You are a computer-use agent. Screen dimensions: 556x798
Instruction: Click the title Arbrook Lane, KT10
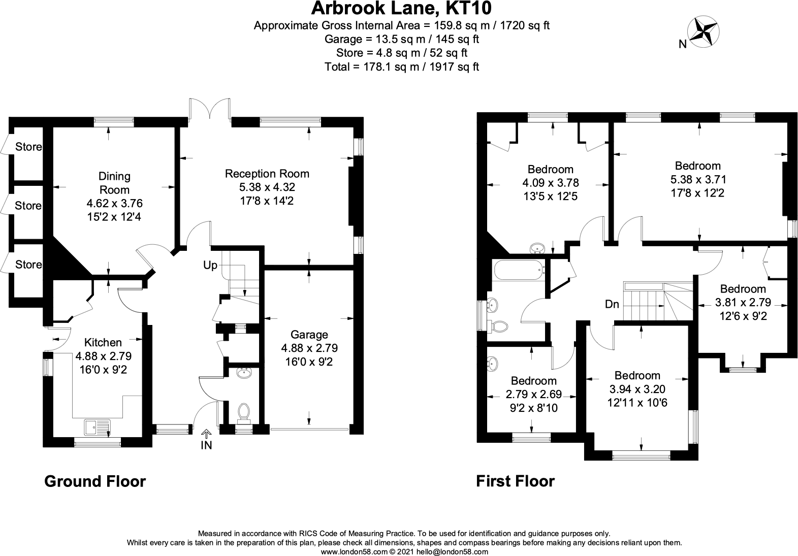click(401, 9)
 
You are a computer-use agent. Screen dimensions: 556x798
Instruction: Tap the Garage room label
click(309, 335)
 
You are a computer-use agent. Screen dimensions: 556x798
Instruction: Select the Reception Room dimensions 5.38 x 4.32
click(267, 187)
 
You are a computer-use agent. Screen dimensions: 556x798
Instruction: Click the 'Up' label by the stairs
click(210, 265)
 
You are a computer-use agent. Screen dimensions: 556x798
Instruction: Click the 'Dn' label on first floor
click(612, 304)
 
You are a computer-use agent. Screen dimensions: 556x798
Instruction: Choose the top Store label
click(28, 147)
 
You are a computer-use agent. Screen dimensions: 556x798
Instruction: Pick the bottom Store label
click(28, 265)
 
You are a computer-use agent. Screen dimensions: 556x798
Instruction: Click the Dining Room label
click(114, 183)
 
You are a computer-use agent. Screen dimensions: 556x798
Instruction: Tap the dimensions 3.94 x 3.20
click(637, 389)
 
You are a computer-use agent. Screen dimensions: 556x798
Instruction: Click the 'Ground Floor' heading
click(95, 481)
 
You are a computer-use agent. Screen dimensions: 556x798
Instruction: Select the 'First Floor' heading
click(515, 481)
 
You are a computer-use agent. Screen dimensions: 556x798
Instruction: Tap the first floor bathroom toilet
click(499, 326)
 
